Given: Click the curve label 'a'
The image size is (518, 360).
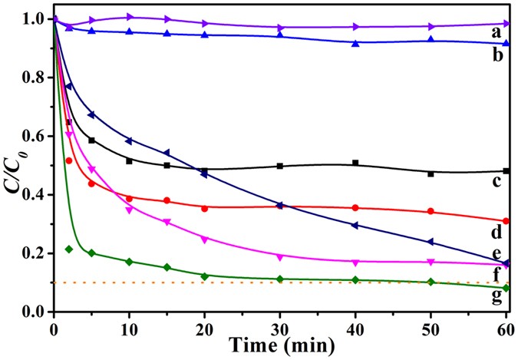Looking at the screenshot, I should coord(497,32).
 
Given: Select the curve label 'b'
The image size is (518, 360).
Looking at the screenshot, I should coord(497,56).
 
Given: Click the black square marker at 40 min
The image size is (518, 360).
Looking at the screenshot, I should coord(355,163).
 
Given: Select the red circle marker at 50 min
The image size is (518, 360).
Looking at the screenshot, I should coord(431,211).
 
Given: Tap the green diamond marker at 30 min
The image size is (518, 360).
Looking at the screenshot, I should coord(280,279).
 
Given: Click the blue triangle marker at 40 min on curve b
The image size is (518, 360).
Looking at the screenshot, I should coord(355,43).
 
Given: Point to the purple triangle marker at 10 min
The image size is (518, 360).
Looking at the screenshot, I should coord(129,17).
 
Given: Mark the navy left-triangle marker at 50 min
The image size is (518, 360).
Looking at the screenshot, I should coord(431,242).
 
